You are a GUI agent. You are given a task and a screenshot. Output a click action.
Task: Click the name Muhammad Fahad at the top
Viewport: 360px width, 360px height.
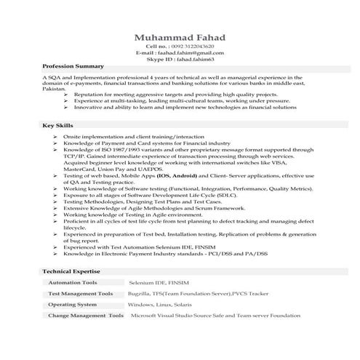pyautogui.click(x=179, y=38)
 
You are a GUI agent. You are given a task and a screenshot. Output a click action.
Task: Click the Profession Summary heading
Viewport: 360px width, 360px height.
pyautogui.click(x=73, y=67)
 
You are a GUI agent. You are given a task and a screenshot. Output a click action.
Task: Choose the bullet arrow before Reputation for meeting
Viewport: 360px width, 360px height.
pyautogui.click(x=66, y=95)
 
